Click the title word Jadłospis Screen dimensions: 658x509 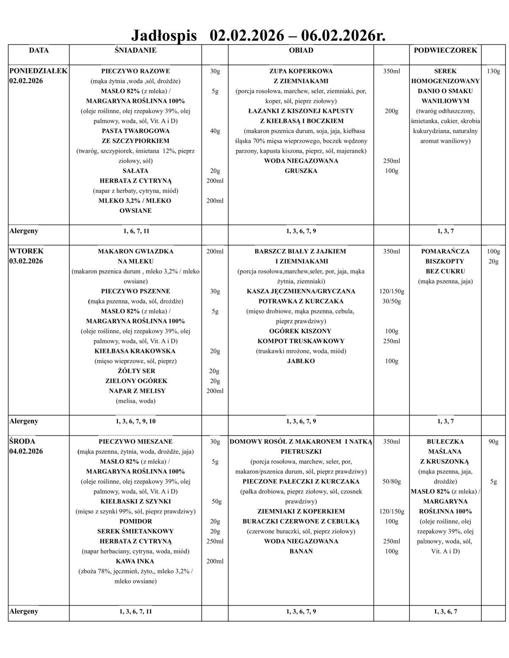(x=164, y=35)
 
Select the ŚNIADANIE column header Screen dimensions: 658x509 (x=135, y=50)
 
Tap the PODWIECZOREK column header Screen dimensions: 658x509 (x=445, y=50)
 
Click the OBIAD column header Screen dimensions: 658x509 (x=301, y=50)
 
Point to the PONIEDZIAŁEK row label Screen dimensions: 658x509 (x=39, y=71)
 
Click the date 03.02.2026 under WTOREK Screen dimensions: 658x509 (x=26, y=261)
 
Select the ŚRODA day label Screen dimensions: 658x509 (x=22, y=441)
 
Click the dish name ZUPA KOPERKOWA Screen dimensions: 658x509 (x=301, y=71)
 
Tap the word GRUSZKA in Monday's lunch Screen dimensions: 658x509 (x=301, y=171)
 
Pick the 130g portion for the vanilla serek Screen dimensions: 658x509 (x=493, y=71)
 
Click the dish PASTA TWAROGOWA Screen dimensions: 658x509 (x=135, y=131)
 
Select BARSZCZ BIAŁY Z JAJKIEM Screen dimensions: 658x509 (x=300, y=251)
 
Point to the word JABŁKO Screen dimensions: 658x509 (x=301, y=361)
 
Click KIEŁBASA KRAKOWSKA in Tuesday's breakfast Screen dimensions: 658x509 (x=135, y=351)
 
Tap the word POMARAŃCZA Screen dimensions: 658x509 (x=445, y=251)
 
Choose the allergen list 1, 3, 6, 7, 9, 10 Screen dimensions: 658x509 (x=135, y=421)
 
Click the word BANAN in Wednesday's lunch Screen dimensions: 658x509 (x=301, y=551)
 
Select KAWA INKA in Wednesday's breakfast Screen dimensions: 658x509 (x=135, y=561)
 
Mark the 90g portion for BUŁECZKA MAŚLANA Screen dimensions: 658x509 (x=493, y=441)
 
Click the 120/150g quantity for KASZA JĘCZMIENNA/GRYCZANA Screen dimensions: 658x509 (x=391, y=292)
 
